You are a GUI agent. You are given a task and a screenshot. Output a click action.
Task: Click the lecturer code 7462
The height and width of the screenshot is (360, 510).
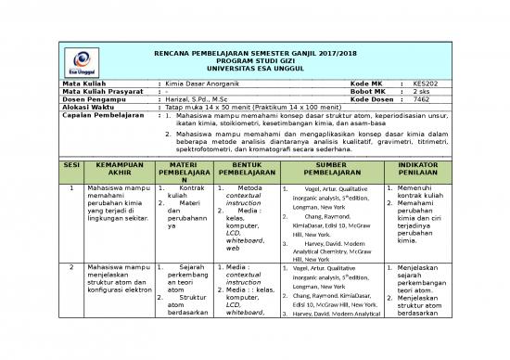point(421,100)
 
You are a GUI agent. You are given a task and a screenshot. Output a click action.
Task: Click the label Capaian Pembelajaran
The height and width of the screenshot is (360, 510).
point(98,116)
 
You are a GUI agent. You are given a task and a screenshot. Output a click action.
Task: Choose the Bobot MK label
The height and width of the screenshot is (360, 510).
point(368,93)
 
